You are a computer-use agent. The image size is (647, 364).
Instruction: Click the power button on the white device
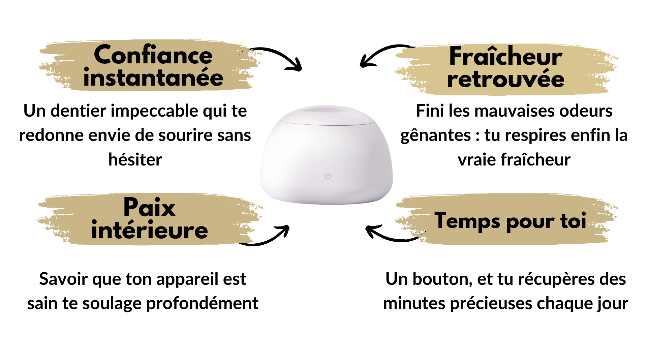[328, 176]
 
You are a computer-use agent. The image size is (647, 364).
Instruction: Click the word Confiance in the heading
[153, 55]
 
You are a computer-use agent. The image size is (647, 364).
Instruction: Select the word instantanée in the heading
[153, 77]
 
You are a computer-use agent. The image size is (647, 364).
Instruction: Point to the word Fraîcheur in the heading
[506, 56]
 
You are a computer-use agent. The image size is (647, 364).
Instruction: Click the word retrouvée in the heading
[506, 79]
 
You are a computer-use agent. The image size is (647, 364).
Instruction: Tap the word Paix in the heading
[149, 207]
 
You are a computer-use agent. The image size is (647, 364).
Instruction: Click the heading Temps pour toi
[511, 221]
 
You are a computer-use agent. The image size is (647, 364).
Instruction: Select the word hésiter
[135, 159]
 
